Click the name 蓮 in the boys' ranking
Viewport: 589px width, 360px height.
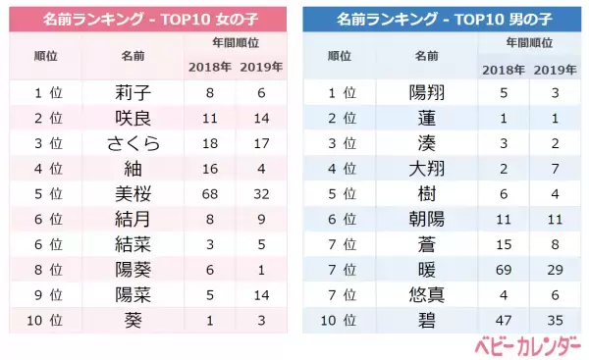pyautogui.click(x=426, y=118)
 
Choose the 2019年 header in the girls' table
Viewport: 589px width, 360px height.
pyautogui.click(x=259, y=67)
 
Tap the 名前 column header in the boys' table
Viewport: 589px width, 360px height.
pyautogui.click(x=426, y=56)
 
